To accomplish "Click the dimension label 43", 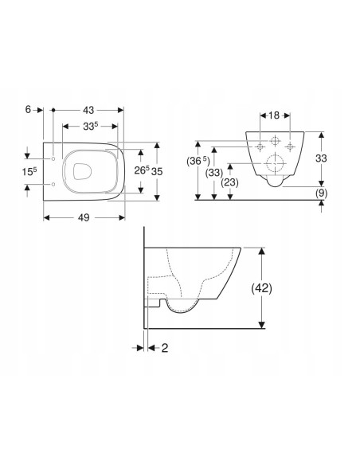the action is pyautogui.click(x=88, y=111).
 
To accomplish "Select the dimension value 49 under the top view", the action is pyautogui.click(x=84, y=218).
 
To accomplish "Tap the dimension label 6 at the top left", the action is pyautogui.click(x=28, y=110).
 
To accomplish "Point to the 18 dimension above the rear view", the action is pyautogui.click(x=275, y=115).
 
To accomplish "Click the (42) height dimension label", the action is pyautogui.click(x=261, y=288).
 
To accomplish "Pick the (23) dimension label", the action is pyautogui.click(x=230, y=182).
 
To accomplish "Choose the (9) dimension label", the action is pyautogui.click(x=321, y=193).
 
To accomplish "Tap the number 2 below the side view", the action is pyautogui.click(x=165, y=348).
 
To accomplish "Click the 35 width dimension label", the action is pyautogui.click(x=157, y=171).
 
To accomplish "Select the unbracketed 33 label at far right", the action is pyautogui.click(x=321, y=158).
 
